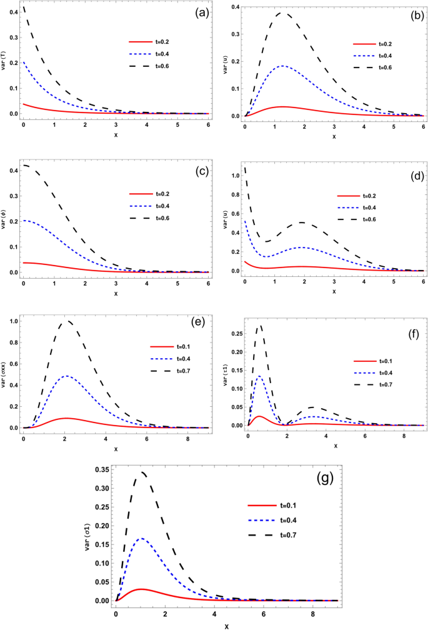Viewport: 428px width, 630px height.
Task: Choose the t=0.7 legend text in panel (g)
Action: [275, 535]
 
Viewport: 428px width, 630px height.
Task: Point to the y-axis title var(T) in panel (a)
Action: [5, 61]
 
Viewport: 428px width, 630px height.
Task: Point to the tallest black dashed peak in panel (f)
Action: [260, 324]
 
